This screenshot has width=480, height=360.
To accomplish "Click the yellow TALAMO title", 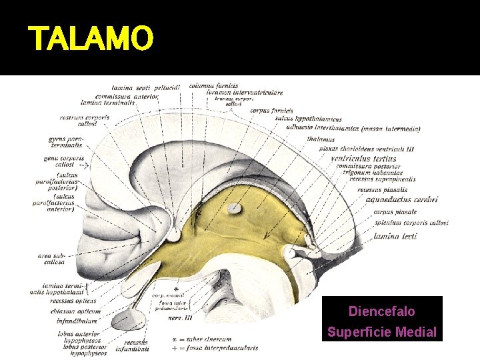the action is pos(91,39).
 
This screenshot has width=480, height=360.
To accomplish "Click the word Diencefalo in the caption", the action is pos(381,311).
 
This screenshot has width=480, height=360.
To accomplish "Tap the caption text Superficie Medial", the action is pos(381,332).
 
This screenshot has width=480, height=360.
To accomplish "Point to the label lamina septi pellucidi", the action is pos(137,88).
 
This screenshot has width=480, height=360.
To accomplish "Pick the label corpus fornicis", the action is pos(272,111).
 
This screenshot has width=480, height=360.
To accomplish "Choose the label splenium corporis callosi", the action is pos(411,222).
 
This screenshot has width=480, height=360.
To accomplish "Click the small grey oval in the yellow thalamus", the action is pos(235,209).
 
